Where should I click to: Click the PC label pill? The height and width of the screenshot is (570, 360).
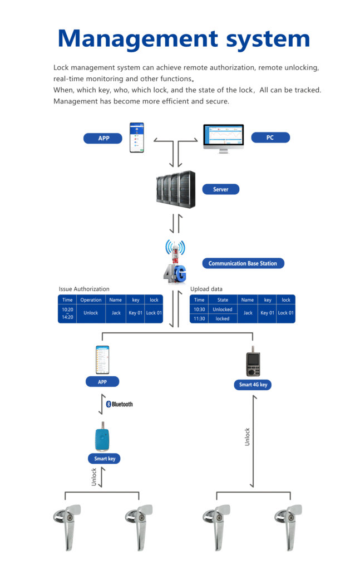click(x=270, y=137)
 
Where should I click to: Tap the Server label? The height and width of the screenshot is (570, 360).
click(x=221, y=189)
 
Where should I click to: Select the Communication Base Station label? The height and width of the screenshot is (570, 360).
click(x=243, y=263)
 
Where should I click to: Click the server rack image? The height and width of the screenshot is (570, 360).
click(x=175, y=189)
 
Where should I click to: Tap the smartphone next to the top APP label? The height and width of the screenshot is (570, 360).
click(x=137, y=137)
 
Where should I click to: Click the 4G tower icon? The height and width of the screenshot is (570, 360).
click(x=175, y=261)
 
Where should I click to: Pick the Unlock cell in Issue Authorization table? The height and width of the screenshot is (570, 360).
click(x=91, y=313)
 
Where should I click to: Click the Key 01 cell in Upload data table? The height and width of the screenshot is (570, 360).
click(x=267, y=313)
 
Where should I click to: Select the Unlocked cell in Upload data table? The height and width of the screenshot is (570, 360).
click(x=223, y=309)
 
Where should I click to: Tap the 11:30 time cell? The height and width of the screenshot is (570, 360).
click(x=199, y=319)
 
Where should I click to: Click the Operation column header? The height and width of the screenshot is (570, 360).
click(x=91, y=300)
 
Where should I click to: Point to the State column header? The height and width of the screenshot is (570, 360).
click(x=223, y=300)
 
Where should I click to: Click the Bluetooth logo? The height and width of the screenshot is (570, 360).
click(x=119, y=404)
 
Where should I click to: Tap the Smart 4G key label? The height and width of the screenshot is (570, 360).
click(x=253, y=385)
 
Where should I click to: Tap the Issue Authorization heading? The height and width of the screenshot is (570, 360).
click(x=84, y=289)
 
